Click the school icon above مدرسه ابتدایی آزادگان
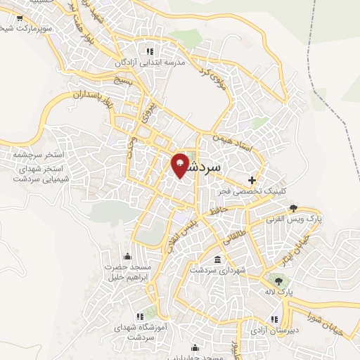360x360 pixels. point(149,51)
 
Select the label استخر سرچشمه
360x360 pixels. point(35,154)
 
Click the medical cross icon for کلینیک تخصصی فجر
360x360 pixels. point(252,180)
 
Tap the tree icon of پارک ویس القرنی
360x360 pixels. point(293,208)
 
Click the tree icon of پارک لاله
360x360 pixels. point(280,283)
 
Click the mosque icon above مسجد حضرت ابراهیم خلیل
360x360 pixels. point(127,256)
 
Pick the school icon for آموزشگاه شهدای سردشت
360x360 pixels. point(139,316)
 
